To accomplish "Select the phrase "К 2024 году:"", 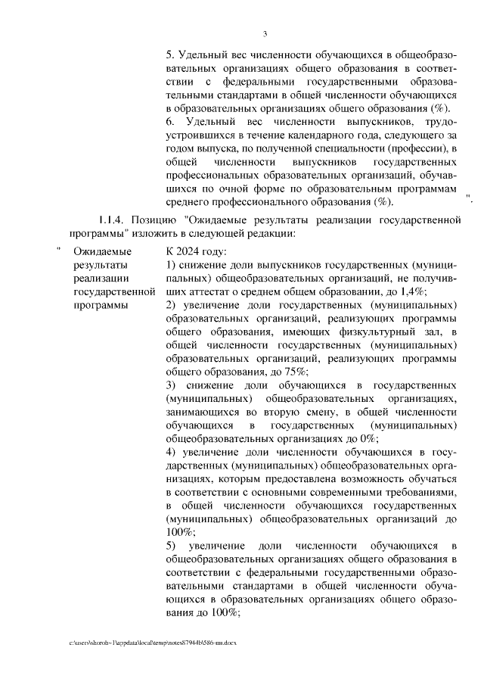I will point(197,252).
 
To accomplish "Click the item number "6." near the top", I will point(170,122).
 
